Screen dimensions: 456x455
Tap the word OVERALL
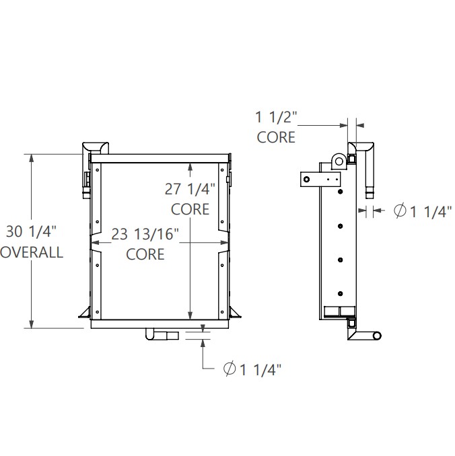[x=31, y=253]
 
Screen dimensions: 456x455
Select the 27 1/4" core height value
[x=190, y=189]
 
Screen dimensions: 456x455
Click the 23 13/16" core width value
[x=145, y=235]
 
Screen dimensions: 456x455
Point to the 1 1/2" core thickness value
[x=276, y=117]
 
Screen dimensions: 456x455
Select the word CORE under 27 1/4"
[x=190, y=209]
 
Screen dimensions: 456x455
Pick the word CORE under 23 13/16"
[x=145, y=254]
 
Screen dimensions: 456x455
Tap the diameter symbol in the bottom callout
[x=229, y=368]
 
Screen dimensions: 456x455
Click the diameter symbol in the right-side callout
[x=399, y=211]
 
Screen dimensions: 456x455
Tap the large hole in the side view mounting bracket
[x=306, y=180]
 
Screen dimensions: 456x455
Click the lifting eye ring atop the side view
[x=337, y=160]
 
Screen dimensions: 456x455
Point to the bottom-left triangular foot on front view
[x=85, y=312]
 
